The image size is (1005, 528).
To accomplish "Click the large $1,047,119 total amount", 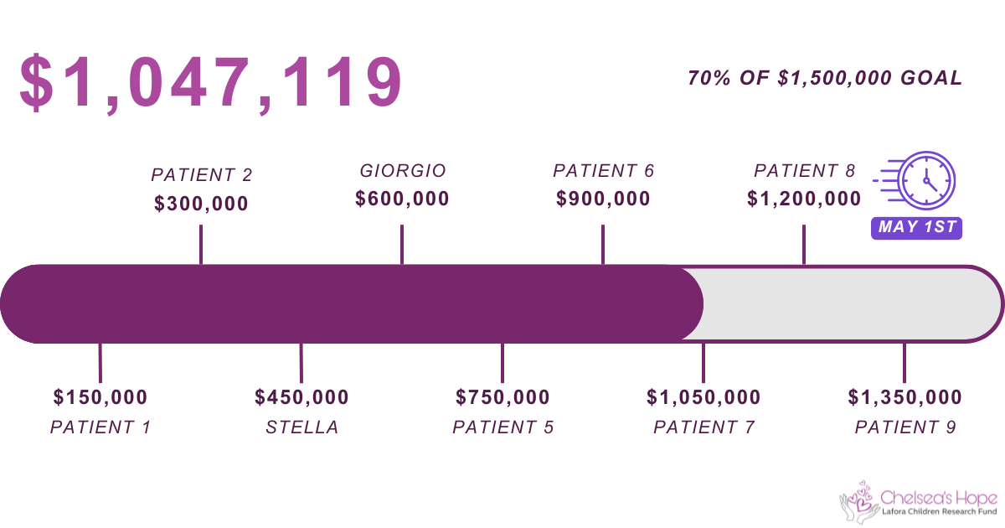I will coord(210,83).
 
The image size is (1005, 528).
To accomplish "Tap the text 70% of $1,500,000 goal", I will coord(825,78).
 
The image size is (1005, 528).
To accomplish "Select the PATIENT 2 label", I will coord(201,175).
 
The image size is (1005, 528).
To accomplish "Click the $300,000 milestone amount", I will coord(201,204).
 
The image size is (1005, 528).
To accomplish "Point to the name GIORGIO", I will coord(403,171).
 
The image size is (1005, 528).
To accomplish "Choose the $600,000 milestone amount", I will coord(402,199).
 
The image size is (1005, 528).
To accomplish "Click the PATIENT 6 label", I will coord(603,171).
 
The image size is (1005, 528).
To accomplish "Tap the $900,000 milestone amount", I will coord(603,199).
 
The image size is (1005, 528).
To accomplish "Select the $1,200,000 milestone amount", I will coord(804,199).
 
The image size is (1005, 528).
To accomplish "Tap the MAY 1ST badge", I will coord(916,228).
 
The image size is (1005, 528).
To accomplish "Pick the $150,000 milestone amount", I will coord(100,397).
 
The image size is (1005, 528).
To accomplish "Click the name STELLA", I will coord(302,427).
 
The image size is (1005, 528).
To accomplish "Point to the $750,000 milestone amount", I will coord(502,397).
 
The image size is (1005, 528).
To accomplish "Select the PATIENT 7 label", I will coord(703,427).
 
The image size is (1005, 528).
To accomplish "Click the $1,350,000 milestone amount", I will coord(904,397).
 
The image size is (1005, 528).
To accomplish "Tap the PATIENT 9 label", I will coord(904,427).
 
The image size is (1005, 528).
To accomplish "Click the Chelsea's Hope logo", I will coord(918,502).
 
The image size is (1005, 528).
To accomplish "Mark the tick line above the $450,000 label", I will coord(301,362).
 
